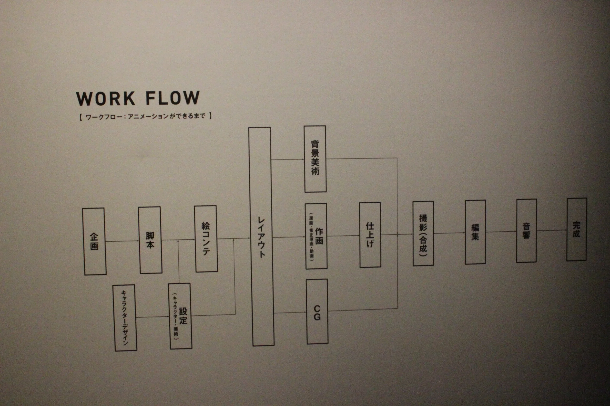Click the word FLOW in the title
[x=173, y=98]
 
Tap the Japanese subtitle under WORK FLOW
[x=145, y=116]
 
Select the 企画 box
[x=94, y=241]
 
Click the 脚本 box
[x=150, y=240]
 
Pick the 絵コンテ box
[x=206, y=239]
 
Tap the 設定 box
[x=180, y=316]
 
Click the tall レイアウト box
[x=261, y=236]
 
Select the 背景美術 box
[x=315, y=159]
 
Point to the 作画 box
[x=316, y=236]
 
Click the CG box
[x=317, y=312]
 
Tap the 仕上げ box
[x=370, y=235]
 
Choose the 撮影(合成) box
[x=423, y=234]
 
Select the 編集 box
[x=475, y=232]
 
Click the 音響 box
[x=526, y=231]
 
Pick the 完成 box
[x=576, y=230]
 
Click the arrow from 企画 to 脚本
[x=122, y=241]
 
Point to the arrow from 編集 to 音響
[x=501, y=231]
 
